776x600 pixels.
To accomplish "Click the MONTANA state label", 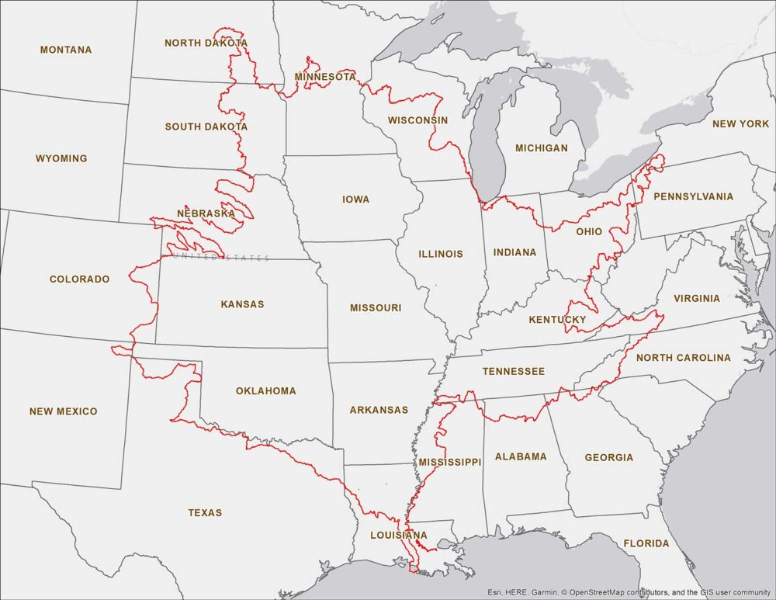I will (66, 50).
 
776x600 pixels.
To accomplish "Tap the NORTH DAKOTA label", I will (206, 43).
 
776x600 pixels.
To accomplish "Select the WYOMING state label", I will (61, 158).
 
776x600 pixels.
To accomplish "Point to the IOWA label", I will (355, 199).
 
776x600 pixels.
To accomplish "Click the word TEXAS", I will (205, 512).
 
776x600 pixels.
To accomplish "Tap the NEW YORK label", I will (740, 123).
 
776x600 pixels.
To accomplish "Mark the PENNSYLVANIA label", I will (693, 196).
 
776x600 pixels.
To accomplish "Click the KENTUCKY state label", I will (557, 320).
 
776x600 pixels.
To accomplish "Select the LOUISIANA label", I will (399, 536).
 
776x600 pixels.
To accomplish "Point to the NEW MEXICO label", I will (64, 411).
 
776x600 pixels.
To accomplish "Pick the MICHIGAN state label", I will (542, 147).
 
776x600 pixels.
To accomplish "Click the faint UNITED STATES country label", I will (221, 258).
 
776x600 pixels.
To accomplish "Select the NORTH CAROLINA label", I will (683, 358).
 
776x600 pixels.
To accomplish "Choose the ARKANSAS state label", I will (379, 410).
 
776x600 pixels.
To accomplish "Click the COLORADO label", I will (79, 279).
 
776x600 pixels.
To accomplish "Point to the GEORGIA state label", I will (609, 457).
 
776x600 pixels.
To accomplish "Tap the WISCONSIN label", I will (417, 120).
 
